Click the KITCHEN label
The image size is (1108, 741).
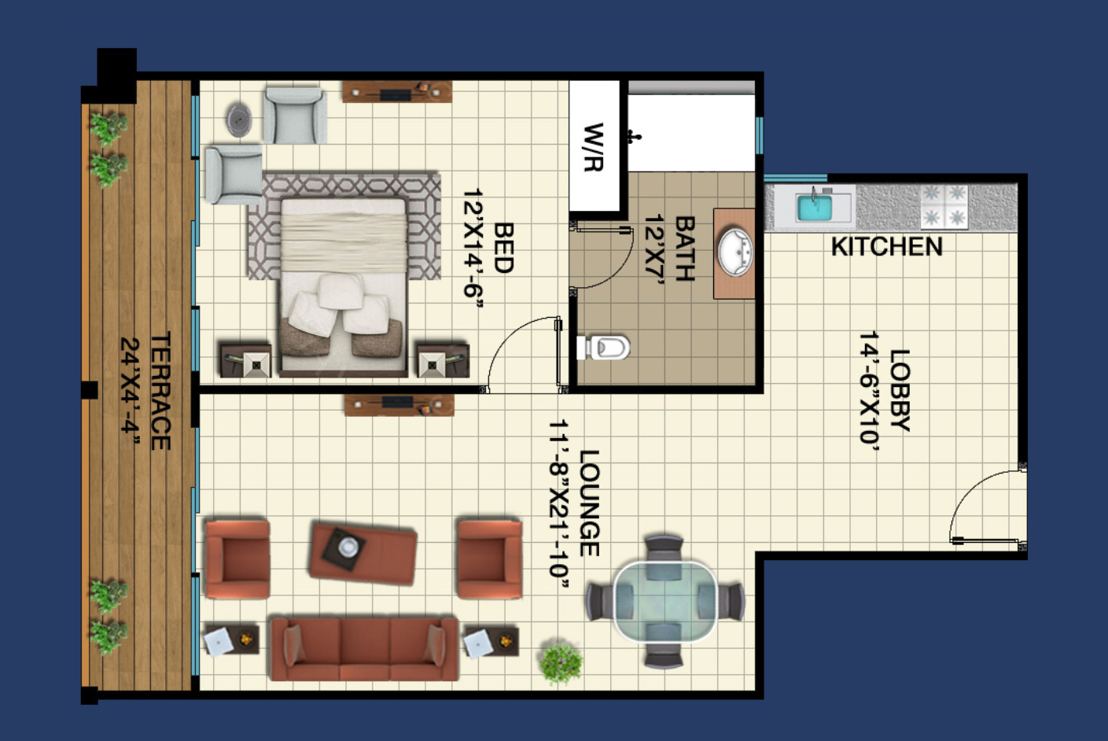click(886, 246)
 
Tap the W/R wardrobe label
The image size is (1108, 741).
click(594, 147)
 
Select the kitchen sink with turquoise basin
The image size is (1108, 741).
click(815, 207)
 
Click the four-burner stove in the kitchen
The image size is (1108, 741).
click(944, 207)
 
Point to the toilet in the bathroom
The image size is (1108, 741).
click(603, 347)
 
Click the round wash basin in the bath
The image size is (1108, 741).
click(735, 253)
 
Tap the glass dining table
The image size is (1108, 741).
click(664, 601)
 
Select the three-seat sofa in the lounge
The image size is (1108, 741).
click(365, 648)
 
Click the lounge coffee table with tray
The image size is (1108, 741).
click(363, 554)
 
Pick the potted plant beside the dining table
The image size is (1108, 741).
click(561, 663)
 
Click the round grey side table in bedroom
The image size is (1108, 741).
click(239, 120)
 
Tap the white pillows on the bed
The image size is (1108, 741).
click(340, 306)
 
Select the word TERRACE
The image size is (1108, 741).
click(160, 391)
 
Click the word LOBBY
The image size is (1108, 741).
click(900, 390)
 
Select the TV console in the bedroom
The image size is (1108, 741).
click(396, 92)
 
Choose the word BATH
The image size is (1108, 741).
click(685, 249)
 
